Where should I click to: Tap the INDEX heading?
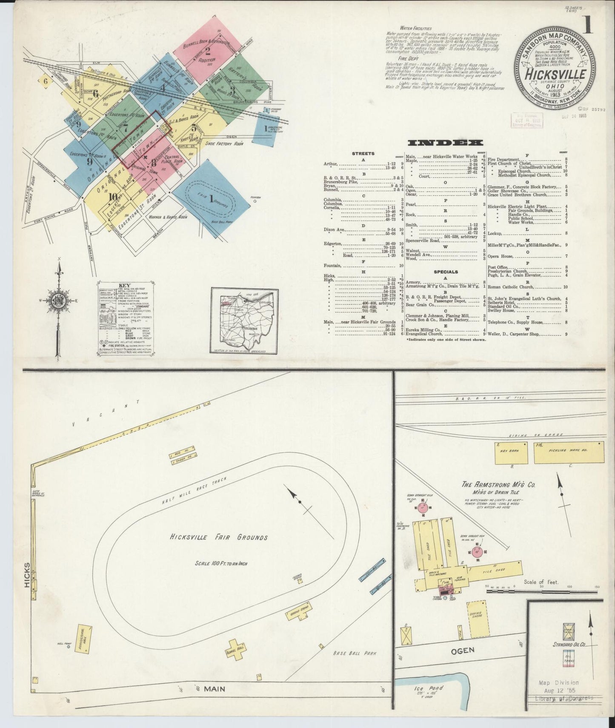(x=445, y=143)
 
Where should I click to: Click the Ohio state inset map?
(x=245, y=321)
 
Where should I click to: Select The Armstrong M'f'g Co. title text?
(x=499, y=484)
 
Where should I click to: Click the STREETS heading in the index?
(x=363, y=153)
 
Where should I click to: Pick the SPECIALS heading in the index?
(x=446, y=272)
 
